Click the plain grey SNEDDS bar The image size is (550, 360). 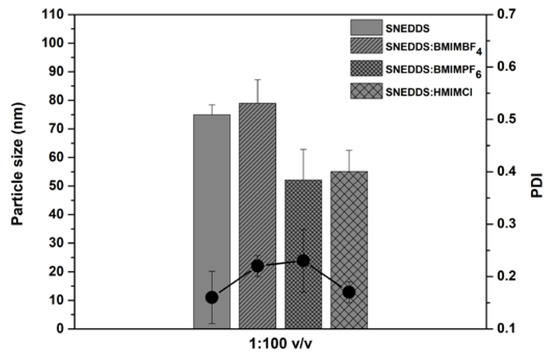(211, 200)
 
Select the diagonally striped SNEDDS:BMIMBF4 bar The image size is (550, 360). (257, 180)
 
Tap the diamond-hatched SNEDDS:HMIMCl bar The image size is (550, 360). (349, 220)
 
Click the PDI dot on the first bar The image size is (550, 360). (211, 297)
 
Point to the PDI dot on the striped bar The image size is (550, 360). (257, 265)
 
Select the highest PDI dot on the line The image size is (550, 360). (303, 260)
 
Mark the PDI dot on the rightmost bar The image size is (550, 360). (349, 292)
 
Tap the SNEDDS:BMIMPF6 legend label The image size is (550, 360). (434, 70)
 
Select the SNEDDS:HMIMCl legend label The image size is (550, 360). (432, 92)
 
